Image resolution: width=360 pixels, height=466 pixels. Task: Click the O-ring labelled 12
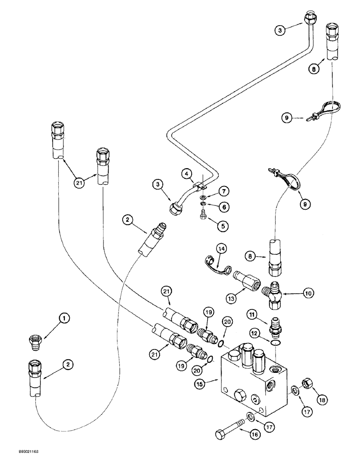(x=277, y=343)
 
